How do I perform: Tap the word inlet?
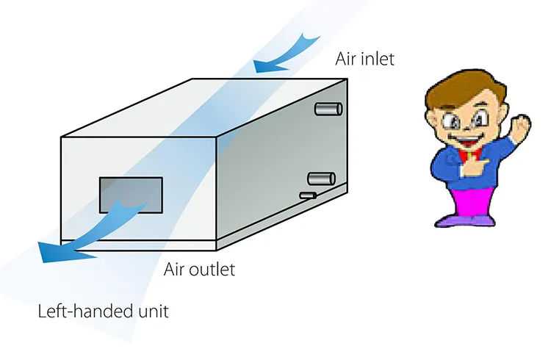point(377,58)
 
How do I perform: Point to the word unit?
point(153,311)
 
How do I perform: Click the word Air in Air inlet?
point(347,58)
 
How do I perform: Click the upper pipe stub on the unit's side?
point(328,109)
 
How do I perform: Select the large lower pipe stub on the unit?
point(321,178)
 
